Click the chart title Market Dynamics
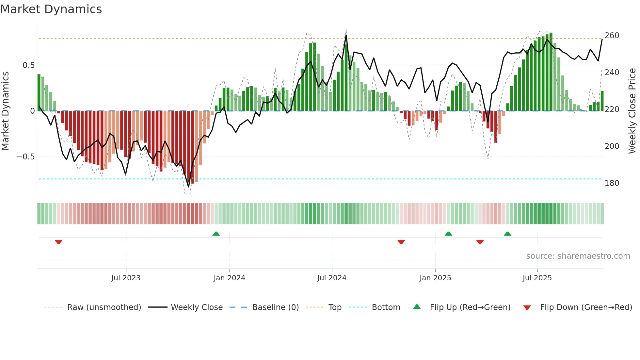point(51,9)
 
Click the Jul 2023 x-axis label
point(126,278)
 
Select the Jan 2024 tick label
point(229,278)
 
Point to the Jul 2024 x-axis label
point(332,278)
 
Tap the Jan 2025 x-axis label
point(435,278)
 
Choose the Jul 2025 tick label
point(537,278)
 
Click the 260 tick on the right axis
point(612,36)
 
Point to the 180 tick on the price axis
point(612,183)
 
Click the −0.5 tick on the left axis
point(26,157)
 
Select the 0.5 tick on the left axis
point(29,65)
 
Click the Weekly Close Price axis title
point(632,111)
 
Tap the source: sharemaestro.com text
point(578,256)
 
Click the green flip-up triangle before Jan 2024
point(216,234)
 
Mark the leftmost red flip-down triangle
point(59,242)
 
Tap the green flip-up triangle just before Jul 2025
point(507,234)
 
